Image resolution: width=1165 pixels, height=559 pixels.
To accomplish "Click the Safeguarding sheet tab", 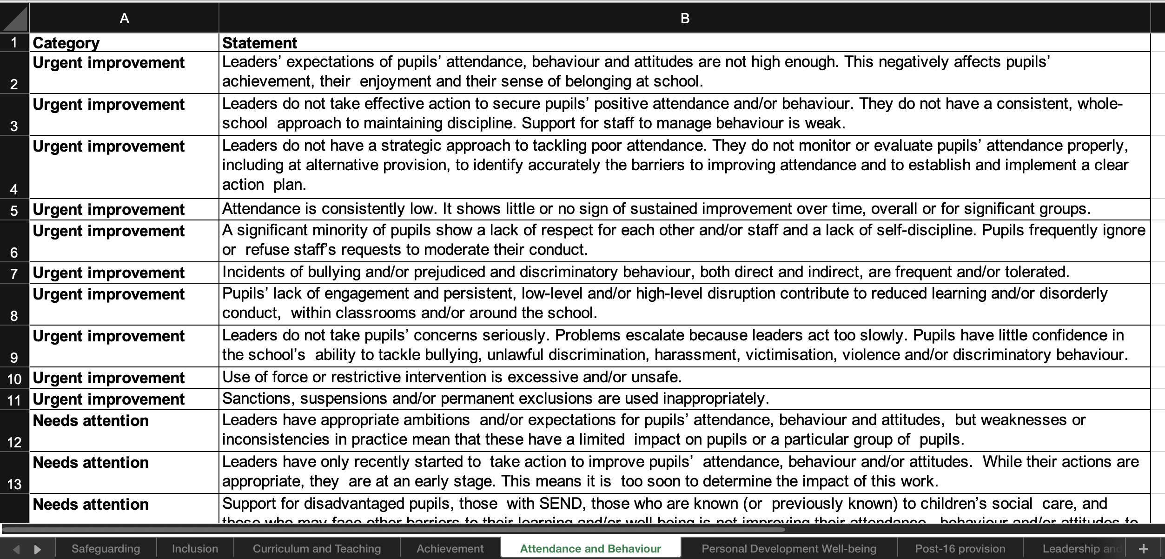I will tap(106, 549).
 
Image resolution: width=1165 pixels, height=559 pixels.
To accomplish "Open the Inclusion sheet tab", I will tap(195, 549).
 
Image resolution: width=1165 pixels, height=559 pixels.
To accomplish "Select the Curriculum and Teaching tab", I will tap(317, 549).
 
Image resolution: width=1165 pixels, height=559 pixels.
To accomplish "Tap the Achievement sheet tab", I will tap(450, 549).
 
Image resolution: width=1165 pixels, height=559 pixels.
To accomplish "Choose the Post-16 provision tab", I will tap(960, 549).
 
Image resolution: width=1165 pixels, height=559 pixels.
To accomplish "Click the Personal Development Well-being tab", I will tap(789, 549).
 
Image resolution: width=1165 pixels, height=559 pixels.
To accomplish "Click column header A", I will tap(124, 19).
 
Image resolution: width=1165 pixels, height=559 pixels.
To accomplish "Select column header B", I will tap(685, 19).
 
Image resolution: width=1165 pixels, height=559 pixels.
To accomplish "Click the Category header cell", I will tap(66, 43).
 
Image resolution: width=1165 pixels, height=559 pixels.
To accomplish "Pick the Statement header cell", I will tap(259, 43).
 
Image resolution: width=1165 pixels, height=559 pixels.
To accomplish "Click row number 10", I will tap(14, 379).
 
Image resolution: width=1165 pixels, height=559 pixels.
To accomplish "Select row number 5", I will tap(14, 210).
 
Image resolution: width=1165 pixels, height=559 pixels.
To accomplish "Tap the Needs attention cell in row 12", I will tap(91, 421).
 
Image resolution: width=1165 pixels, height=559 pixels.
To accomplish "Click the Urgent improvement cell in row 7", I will tap(108, 273).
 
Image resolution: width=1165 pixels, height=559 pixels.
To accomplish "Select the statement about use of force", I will tap(452, 377).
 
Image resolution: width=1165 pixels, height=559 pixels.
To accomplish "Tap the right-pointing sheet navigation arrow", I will tap(38, 549).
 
